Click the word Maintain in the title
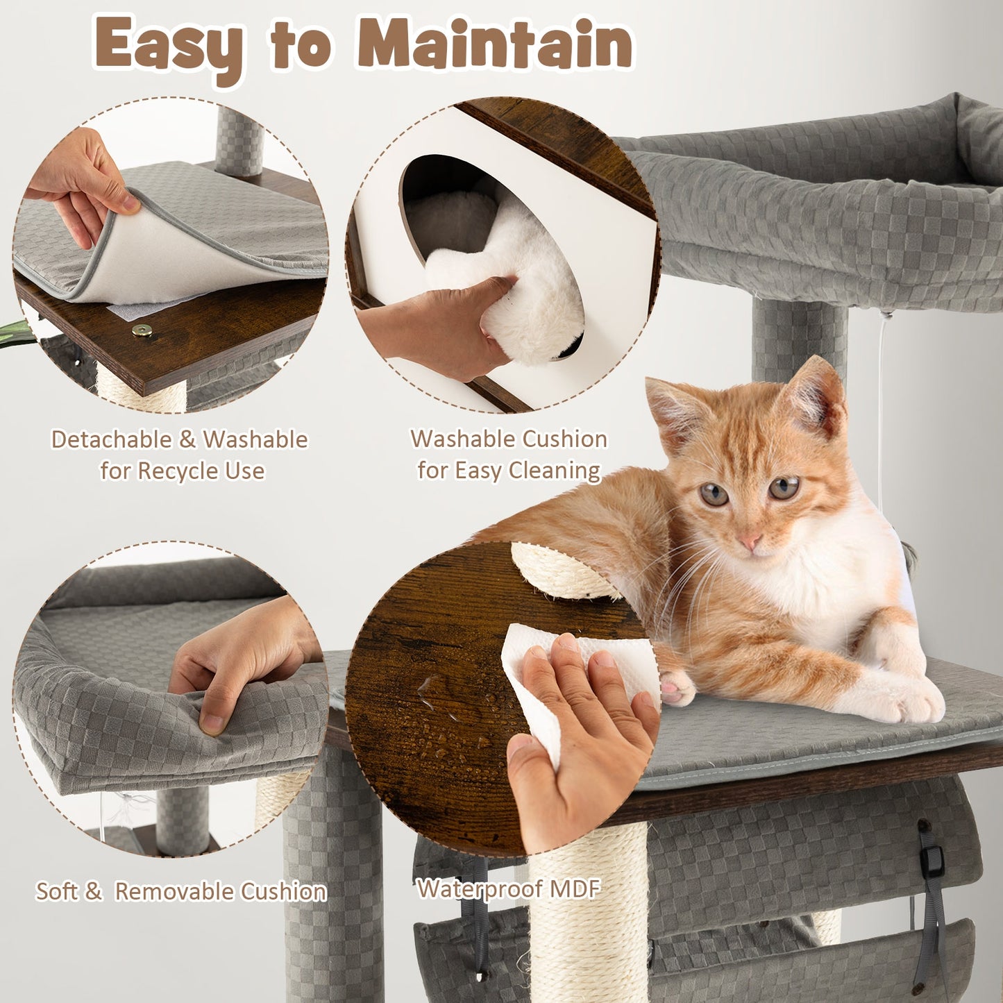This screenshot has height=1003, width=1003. [x=494, y=43]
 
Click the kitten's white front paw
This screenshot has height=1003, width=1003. [x=902, y=701]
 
